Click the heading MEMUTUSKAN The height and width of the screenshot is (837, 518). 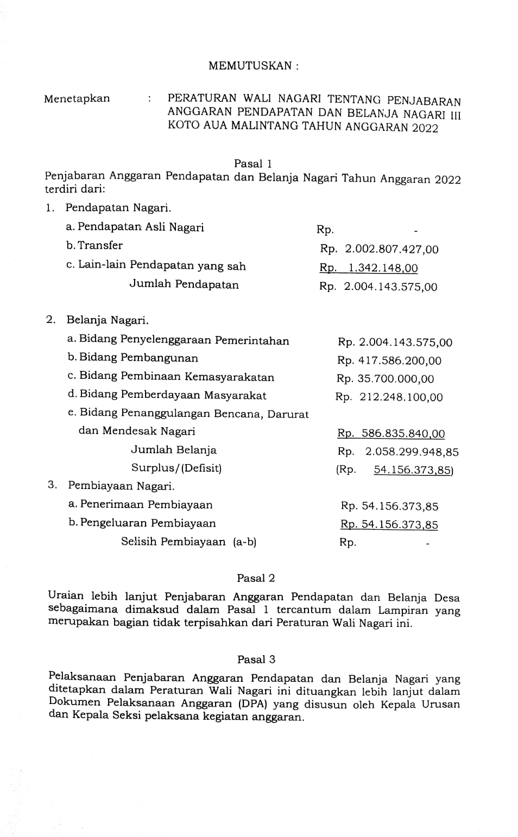click(253, 66)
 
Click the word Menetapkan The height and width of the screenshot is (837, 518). click(77, 99)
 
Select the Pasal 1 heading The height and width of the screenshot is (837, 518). click(252, 163)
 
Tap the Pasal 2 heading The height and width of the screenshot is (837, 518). click(256, 578)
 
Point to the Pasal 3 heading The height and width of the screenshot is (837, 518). click(256, 660)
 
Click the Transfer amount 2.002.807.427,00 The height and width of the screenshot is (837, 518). click(391, 250)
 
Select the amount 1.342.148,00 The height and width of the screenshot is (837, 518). click(383, 268)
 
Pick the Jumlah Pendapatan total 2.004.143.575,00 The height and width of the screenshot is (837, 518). click(390, 287)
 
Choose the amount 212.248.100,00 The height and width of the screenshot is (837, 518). click(401, 397)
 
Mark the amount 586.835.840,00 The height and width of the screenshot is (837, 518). click(403, 434)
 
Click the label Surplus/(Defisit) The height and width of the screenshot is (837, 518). click(176, 468)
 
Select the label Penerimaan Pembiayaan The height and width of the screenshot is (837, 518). click(147, 505)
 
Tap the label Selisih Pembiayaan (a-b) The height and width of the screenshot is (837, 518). click(188, 542)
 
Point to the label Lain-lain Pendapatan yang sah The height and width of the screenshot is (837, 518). click(162, 266)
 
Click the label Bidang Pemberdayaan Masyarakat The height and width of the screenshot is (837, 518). click(173, 395)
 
